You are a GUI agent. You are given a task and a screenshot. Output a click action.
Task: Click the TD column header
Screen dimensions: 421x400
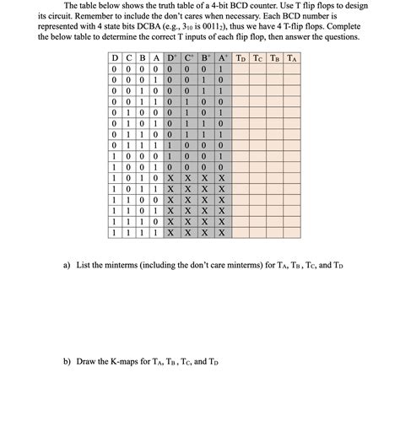pos(241,58)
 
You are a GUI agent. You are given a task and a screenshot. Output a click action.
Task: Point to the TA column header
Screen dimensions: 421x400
pos(291,58)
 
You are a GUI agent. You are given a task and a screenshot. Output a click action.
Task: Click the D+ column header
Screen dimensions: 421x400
pos(170,58)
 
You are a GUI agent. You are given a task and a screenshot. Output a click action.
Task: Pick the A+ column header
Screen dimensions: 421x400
pos(221,58)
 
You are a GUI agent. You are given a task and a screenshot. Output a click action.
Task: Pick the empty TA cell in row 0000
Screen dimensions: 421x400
pos(291,70)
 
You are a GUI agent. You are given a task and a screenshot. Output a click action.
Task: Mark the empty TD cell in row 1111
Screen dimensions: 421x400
pos(241,231)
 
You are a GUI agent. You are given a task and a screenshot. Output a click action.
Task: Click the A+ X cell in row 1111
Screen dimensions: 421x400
pos(221,231)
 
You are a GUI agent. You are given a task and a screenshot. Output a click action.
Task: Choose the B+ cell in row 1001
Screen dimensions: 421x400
pos(204,169)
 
